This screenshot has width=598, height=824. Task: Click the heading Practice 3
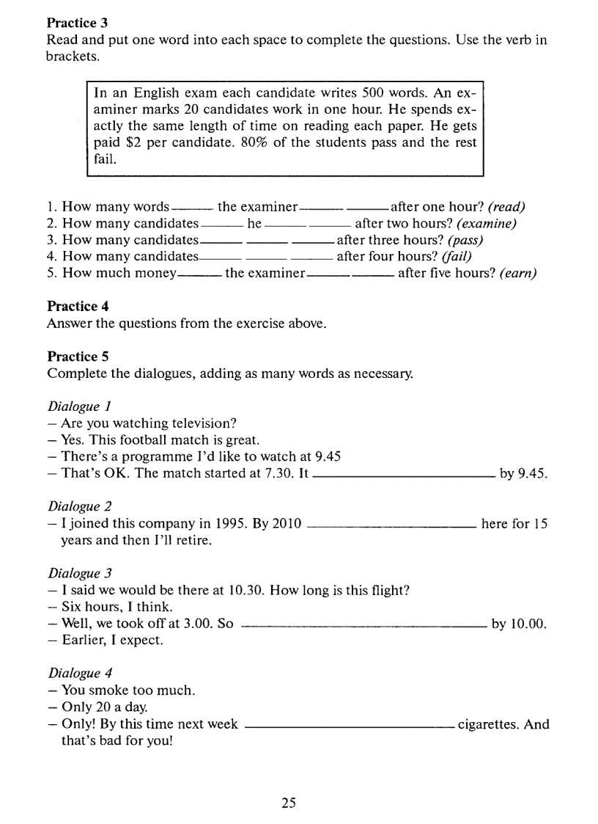(77, 23)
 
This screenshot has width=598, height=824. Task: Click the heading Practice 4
(77, 306)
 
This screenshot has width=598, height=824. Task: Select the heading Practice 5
(77, 357)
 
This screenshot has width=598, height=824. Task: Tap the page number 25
(288, 803)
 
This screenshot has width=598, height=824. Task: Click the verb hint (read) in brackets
(506, 207)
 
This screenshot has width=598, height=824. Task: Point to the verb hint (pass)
(465, 240)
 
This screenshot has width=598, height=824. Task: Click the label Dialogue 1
(79, 406)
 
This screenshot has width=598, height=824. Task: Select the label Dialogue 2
(79, 506)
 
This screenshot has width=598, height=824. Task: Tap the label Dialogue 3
(79, 573)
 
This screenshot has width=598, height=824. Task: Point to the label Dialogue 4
(79, 673)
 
